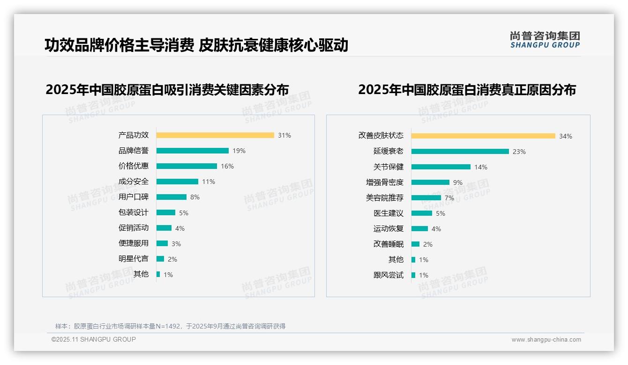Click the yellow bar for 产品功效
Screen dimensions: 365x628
[x=215, y=135]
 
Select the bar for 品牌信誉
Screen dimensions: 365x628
[x=192, y=151]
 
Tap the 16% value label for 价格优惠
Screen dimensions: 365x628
[x=227, y=166]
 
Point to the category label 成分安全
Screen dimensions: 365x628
[x=133, y=182]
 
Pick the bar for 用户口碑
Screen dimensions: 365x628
[x=171, y=197]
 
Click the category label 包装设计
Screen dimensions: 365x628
[x=133, y=212]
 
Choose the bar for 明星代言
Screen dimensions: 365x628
[x=160, y=259]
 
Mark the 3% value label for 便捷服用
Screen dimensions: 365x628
[x=176, y=244]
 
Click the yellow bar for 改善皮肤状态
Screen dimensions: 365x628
[x=483, y=136]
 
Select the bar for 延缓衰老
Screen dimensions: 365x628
[x=460, y=152]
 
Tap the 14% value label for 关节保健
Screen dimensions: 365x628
[x=481, y=167]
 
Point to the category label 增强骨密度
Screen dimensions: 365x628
[x=384, y=182]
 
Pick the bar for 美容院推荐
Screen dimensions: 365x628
[x=426, y=198]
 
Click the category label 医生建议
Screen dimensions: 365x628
[x=388, y=213]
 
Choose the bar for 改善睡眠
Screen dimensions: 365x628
[x=415, y=244]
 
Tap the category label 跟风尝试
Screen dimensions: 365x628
[x=388, y=275]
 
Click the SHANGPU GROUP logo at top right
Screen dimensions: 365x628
[x=545, y=40]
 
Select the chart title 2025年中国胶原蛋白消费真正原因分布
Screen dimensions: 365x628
[x=467, y=90]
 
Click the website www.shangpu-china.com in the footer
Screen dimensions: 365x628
[x=546, y=340]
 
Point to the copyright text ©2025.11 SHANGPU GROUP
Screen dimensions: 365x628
[x=94, y=339]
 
